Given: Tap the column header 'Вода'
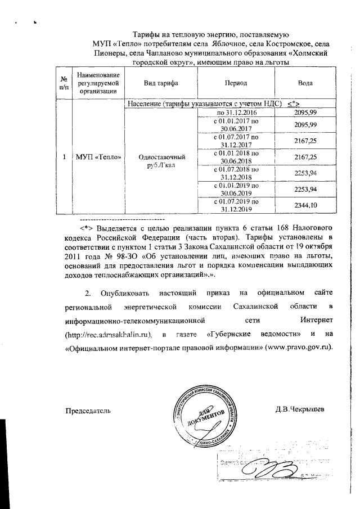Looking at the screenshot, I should pos(306,84).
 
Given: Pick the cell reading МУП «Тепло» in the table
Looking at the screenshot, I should pos(99,156).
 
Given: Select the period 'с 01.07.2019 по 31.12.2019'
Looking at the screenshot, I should pos(235,206).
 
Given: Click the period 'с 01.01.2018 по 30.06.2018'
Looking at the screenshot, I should pos(235,157).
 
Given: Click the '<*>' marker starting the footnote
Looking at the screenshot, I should pos(86,228).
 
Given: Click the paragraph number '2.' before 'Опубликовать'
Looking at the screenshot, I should pos(87,293).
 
